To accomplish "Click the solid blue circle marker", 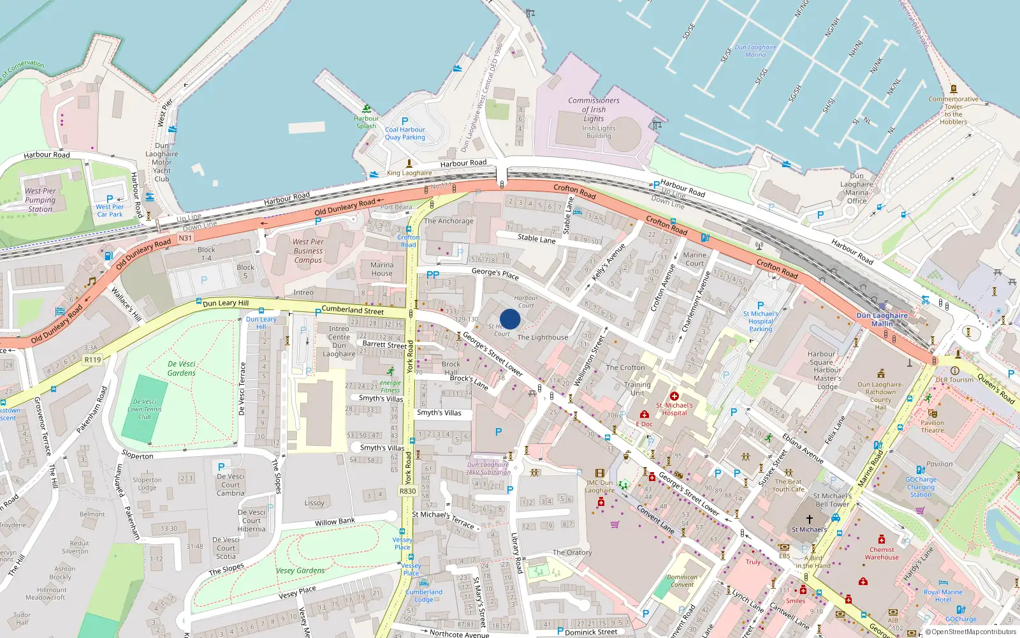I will click(510, 319).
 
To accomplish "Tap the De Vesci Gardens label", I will click(182, 368).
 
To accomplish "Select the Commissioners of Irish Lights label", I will click(594, 109).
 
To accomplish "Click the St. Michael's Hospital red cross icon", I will click(674, 396).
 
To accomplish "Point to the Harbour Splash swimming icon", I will click(367, 109).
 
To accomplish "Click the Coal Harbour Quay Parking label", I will click(405, 133).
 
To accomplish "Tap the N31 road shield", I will click(185, 238).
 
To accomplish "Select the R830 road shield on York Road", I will click(407, 491).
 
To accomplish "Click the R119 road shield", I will click(93, 360).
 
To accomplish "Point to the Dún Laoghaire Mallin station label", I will click(882, 320).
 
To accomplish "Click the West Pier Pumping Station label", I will click(40, 200).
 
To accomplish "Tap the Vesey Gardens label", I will click(300, 571).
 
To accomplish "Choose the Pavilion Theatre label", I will click(932, 426).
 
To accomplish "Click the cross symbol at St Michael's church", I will click(810, 519).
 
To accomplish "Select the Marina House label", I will click(382, 269).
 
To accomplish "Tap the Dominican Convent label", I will click(682, 581).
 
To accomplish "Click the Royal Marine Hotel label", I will click(943, 595).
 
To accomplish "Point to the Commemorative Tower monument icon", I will click(954, 89).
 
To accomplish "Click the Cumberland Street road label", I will click(353, 310).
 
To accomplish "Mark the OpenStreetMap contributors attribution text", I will click(973, 632).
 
